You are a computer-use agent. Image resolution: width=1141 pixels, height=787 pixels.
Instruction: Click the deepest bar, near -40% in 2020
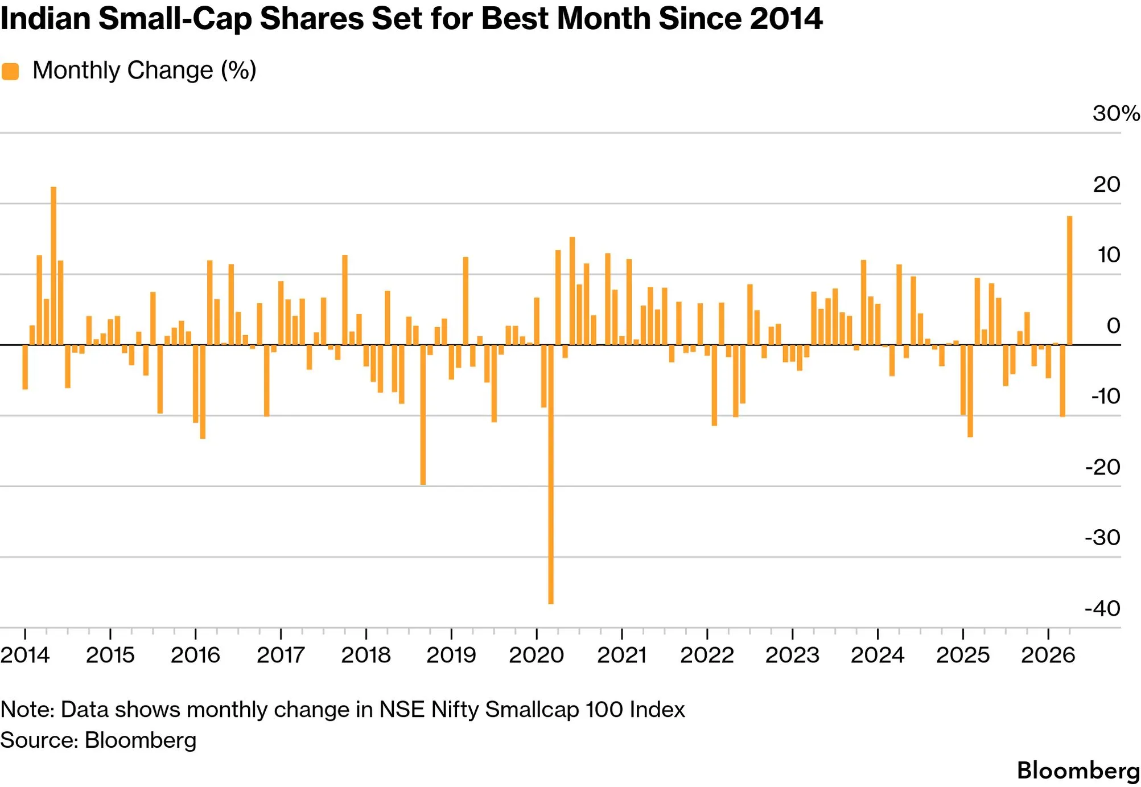click(551, 474)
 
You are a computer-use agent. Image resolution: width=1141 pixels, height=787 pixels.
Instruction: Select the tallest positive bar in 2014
click(53, 266)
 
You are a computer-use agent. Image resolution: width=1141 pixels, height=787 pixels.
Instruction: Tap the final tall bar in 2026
click(1070, 281)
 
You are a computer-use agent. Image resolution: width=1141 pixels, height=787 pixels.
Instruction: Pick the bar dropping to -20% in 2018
click(423, 415)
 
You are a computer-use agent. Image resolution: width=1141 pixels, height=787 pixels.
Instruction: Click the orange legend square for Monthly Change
click(10, 72)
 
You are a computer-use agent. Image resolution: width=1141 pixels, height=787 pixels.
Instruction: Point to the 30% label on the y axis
click(1116, 113)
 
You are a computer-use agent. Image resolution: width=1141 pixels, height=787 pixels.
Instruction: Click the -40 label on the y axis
click(1103, 608)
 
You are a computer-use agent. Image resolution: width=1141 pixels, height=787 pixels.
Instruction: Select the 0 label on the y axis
click(1114, 325)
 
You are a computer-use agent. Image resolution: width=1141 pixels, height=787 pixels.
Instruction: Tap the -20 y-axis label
click(1103, 467)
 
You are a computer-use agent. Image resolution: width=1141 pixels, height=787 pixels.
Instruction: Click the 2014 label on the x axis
click(25, 655)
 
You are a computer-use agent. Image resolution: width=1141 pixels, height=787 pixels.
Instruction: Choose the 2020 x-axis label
click(536, 655)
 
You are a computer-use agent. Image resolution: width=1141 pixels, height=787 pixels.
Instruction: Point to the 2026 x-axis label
click(1048, 655)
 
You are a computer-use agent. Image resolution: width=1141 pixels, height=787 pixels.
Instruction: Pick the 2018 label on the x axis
click(366, 655)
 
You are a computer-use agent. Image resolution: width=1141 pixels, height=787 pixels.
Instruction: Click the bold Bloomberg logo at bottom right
click(1078, 771)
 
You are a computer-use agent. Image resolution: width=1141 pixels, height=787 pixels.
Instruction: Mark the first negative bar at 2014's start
click(25, 367)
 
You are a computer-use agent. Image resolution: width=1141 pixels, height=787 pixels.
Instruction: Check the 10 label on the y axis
click(1109, 255)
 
